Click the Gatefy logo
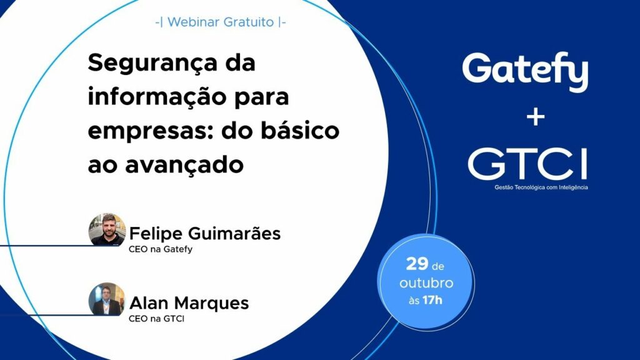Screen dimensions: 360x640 coord(525,71)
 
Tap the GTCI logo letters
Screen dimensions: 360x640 coord(527,163)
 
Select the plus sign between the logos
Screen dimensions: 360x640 coord(534,117)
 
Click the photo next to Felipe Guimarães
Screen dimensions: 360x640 coord(107,230)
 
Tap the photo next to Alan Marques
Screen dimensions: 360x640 coord(107,299)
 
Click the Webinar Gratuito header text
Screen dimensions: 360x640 coord(221,22)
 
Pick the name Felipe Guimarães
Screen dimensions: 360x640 coord(205,234)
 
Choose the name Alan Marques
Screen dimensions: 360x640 coord(189,303)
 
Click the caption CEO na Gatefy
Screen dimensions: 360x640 coord(161,249)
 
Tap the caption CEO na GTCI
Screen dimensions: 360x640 coord(157,319)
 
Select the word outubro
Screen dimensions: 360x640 coord(427,283)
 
